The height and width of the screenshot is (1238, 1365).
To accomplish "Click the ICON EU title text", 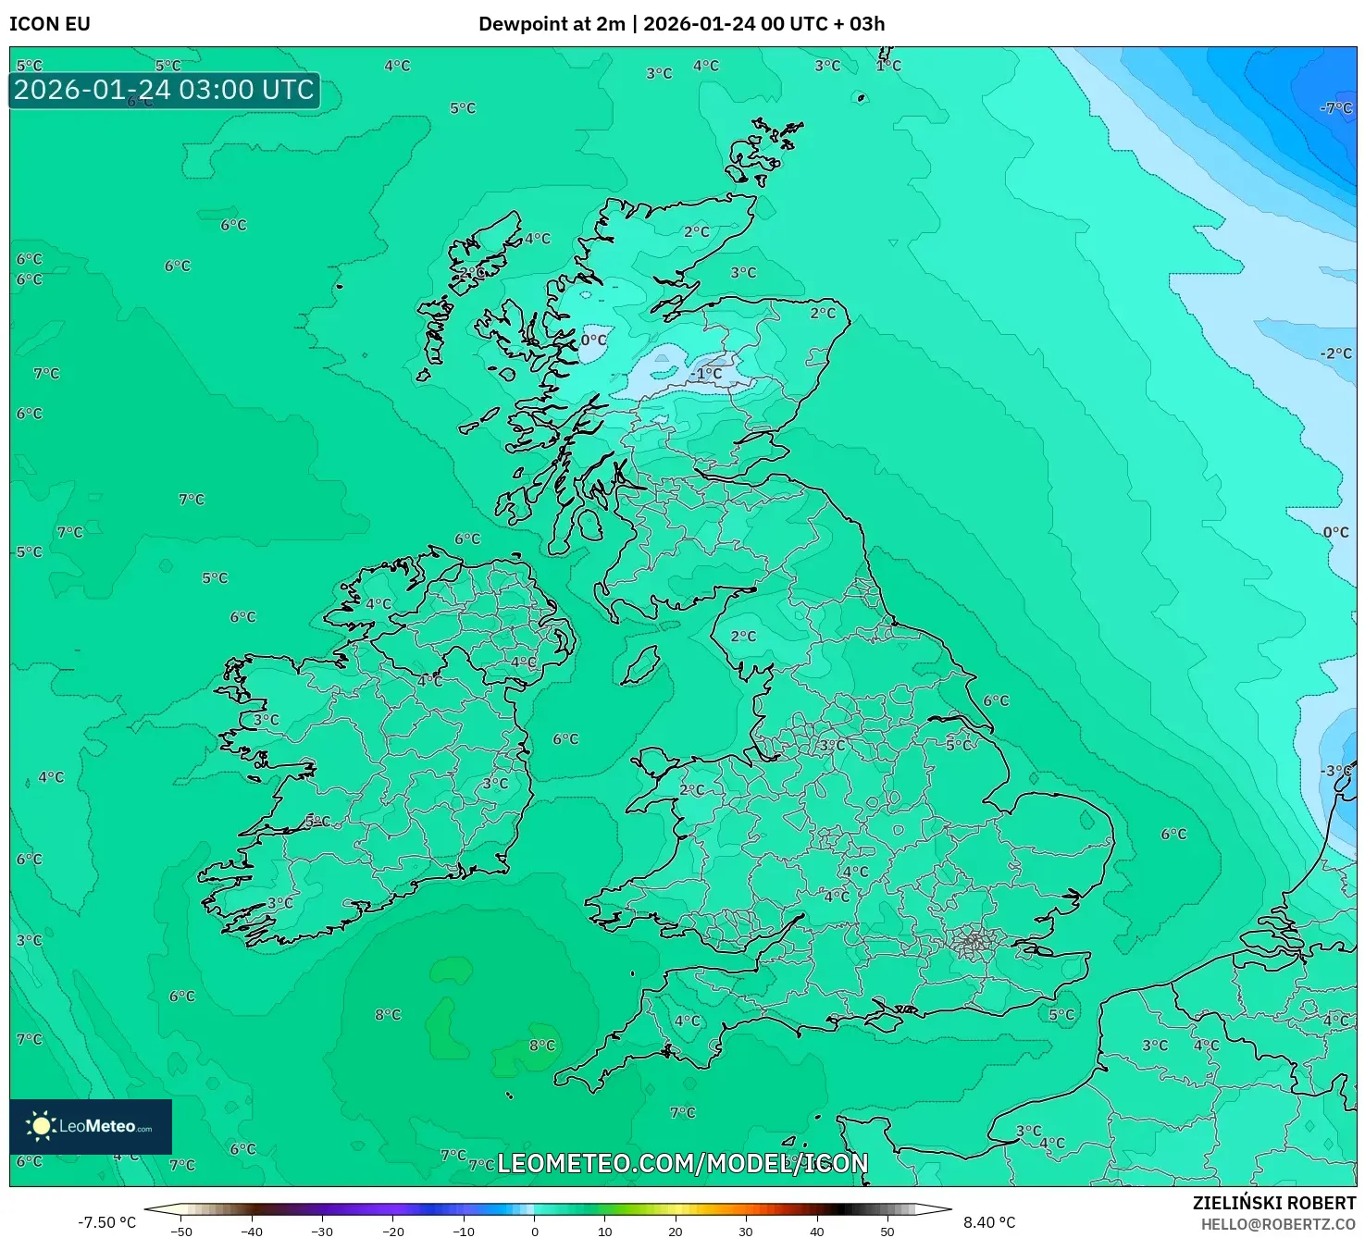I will click(x=50, y=24).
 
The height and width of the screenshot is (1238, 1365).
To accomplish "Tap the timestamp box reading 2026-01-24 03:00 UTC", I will click(x=165, y=91).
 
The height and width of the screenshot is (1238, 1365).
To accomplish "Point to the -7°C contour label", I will click(x=1336, y=108).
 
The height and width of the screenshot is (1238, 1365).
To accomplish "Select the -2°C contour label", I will click(x=1336, y=353).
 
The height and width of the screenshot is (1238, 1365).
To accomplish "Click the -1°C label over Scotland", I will click(x=708, y=374).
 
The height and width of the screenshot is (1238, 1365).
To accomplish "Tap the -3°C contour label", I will click(x=1336, y=771).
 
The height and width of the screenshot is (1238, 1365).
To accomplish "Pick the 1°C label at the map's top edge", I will click(x=888, y=66).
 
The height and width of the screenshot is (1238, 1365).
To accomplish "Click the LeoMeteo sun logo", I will click(x=41, y=1126).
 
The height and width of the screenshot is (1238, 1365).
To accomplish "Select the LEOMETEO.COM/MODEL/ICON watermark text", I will click(x=683, y=1163).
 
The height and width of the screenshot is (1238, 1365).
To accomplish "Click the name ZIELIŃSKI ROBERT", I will click(x=1274, y=1203).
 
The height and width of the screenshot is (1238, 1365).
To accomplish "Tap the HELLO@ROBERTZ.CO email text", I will click(x=1278, y=1224).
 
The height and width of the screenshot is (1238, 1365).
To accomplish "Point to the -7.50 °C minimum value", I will click(x=106, y=1222).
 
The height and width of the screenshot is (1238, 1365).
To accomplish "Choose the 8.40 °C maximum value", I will click(x=989, y=1222).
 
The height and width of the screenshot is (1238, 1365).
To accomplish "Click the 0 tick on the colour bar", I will click(x=535, y=1231).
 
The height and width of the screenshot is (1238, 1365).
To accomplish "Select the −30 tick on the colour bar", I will click(x=321, y=1231).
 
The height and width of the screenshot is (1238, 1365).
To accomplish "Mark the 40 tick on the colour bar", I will click(x=816, y=1231).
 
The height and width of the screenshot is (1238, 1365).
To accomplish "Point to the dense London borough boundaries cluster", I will click(x=974, y=943).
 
